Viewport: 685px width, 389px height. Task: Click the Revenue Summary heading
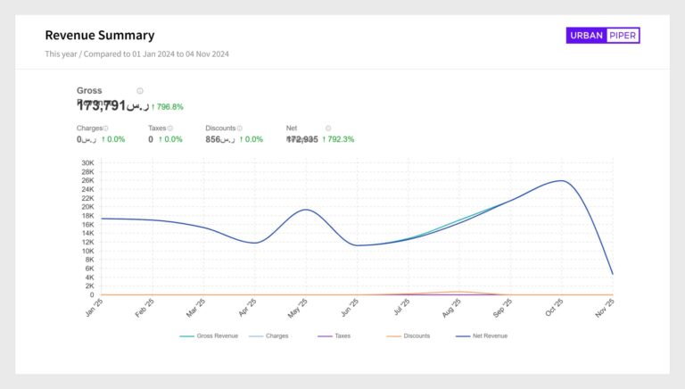100,36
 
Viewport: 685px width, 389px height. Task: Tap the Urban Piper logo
603,36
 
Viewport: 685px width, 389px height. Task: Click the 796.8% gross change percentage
169,107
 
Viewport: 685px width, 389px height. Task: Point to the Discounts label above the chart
220,128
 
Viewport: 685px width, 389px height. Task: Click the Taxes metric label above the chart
158,128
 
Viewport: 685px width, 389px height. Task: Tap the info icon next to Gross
140,91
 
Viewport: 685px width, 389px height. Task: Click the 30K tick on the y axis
87,163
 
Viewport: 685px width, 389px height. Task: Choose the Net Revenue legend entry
487,336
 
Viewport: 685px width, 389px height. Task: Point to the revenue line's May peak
305,210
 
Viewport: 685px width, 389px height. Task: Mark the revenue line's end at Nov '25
612,274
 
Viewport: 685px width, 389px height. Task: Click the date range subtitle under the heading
137,54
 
